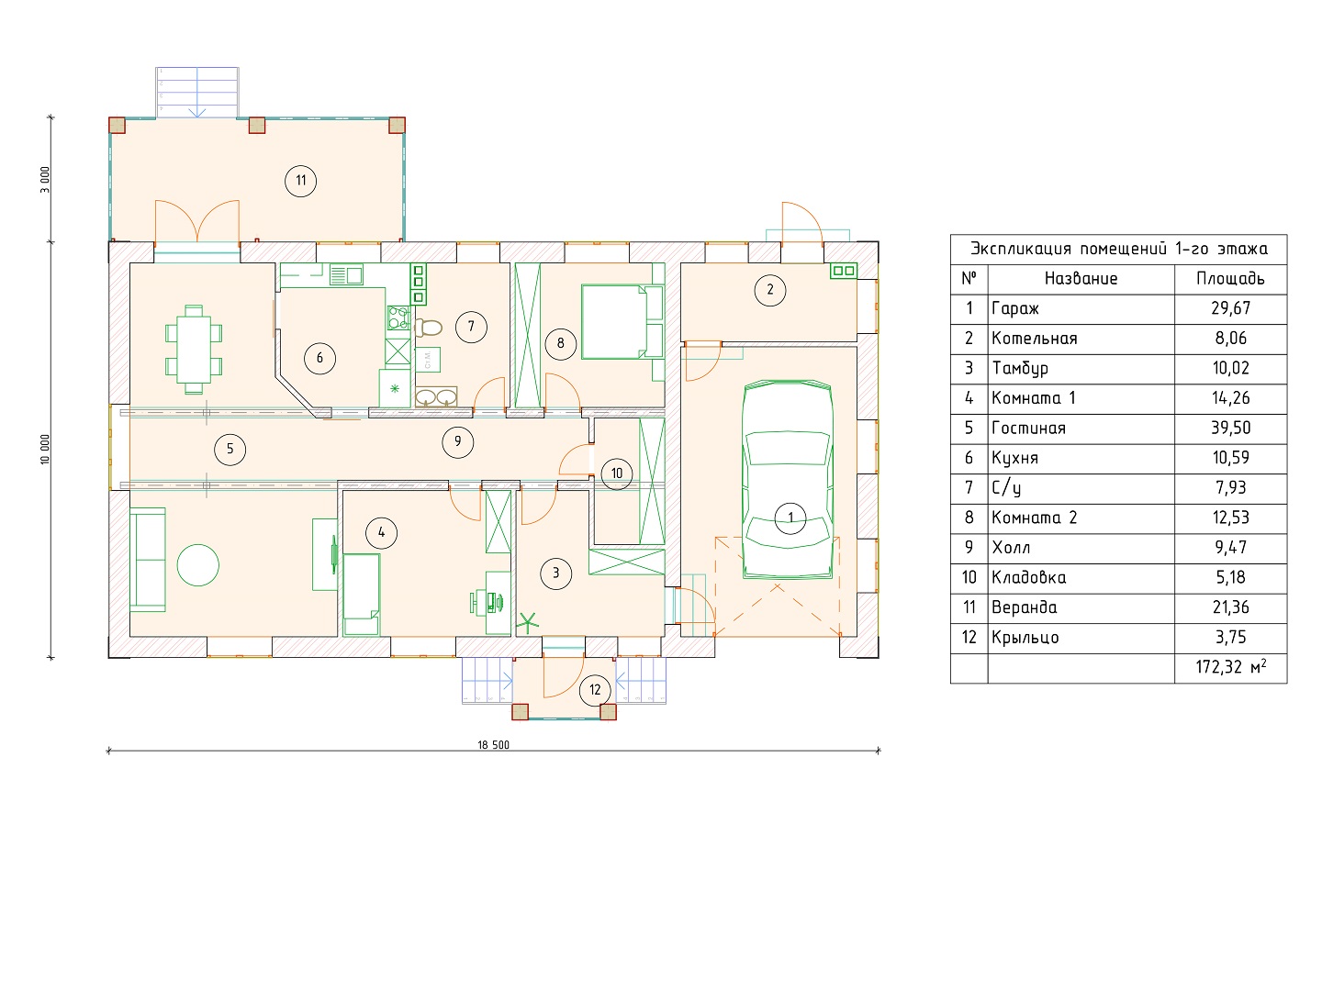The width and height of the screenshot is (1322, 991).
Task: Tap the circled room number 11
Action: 300,181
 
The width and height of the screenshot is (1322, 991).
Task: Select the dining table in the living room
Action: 194,350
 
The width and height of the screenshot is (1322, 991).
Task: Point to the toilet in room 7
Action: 428,328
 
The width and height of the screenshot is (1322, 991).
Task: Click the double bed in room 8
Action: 622,322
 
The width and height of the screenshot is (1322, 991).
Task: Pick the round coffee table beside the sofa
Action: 197,565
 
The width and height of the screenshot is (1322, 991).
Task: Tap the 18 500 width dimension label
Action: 493,745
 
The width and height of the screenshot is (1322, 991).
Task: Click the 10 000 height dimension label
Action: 45,450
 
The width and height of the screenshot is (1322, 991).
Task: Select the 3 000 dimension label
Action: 45,180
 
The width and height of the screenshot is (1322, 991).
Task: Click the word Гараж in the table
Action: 1014,309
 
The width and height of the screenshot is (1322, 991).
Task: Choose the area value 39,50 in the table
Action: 1231,429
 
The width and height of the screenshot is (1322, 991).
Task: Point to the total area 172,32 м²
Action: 1231,667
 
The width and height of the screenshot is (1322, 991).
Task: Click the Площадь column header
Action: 1230,279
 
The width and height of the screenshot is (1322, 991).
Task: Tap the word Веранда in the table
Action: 1025,607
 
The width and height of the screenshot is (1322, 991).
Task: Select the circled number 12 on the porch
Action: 595,690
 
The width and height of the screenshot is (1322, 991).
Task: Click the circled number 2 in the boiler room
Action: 769,290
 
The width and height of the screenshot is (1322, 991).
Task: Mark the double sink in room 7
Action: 436,397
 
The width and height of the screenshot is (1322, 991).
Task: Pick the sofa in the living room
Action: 148,560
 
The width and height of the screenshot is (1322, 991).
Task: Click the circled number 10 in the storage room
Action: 617,473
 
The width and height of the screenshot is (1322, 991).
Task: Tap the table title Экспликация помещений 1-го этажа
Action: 1119,249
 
